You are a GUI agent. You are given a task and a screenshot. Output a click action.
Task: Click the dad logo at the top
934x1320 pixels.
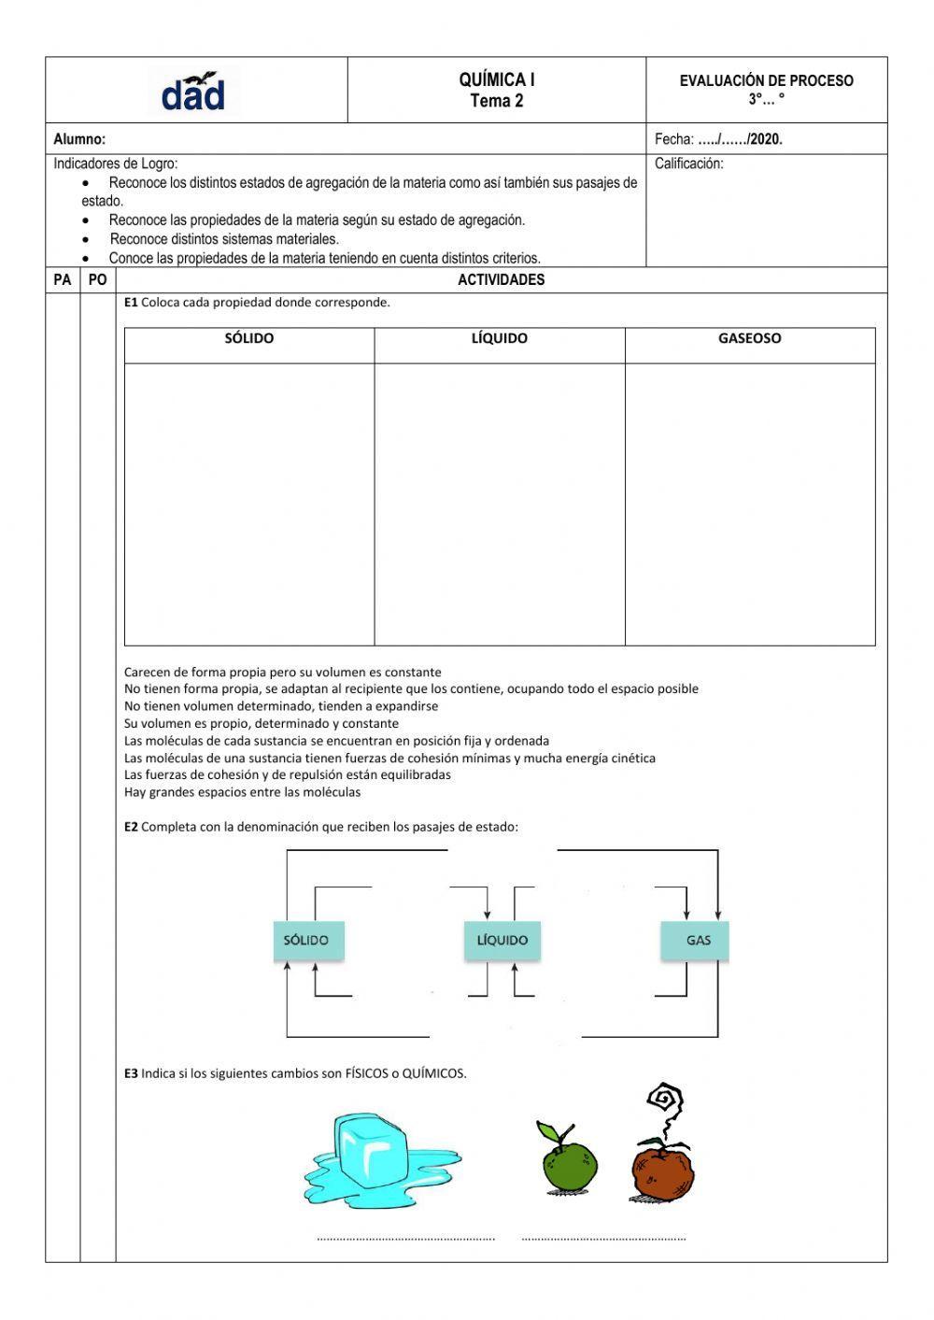pos(193,92)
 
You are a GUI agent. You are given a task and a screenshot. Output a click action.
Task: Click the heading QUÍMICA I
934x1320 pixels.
pos(497,80)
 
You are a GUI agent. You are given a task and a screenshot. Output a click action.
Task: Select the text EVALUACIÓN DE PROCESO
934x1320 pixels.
pos(766,81)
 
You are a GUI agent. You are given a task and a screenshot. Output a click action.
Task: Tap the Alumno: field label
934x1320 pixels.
pos(79,139)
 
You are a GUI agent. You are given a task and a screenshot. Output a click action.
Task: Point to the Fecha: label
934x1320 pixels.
pos(674,139)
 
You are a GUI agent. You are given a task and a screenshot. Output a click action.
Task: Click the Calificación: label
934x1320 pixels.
pos(689,163)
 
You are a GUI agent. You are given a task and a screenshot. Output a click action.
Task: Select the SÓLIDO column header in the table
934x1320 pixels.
pos(249,338)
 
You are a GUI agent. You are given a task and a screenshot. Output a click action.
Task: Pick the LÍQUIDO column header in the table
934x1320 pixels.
pos(500,338)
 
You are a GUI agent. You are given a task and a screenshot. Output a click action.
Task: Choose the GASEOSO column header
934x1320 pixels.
pos(749,338)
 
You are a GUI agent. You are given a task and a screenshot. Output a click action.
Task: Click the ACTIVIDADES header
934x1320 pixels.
pos(501,279)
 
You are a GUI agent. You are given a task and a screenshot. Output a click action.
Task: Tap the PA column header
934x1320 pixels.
pos(63,279)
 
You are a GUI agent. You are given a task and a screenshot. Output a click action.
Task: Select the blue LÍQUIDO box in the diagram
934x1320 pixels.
pos(502,940)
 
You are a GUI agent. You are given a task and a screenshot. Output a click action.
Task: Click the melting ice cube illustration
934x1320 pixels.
pos(374,1158)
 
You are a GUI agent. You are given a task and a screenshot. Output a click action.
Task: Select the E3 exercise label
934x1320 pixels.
pos(131,1073)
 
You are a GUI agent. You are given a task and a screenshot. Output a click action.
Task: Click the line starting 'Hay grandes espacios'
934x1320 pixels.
pos(242,792)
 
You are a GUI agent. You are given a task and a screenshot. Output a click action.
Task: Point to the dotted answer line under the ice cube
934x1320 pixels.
pos(405,1239)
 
